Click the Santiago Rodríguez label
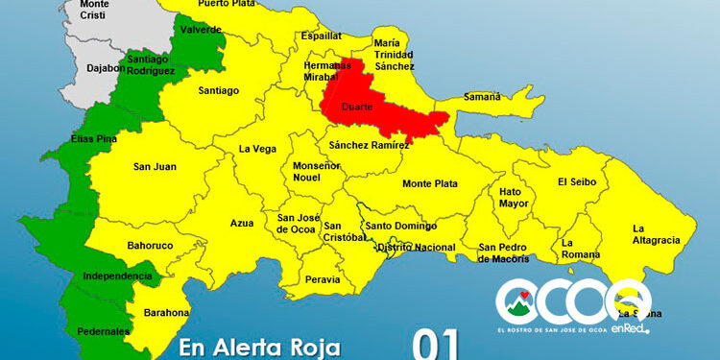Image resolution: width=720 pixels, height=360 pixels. (150, 63)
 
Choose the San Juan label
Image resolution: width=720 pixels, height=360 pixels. (154, 167)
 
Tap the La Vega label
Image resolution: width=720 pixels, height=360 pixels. (258, 149)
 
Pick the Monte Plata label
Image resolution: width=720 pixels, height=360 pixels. (429, 183)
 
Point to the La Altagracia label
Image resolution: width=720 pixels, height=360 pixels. (656, 233)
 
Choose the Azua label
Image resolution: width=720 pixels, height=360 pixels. (242, 223)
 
